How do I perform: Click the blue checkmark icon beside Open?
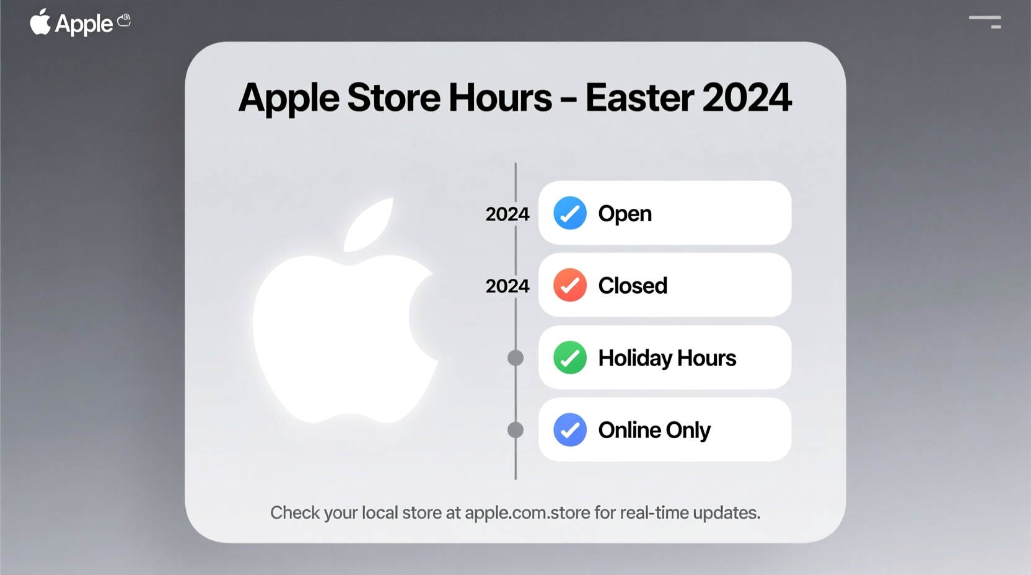pyautogui.click(x=569, y=213)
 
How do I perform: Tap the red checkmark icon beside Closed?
pyautogui.click(x=569, y=285)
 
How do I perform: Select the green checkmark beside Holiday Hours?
pyautogui.click(x=569, y=358)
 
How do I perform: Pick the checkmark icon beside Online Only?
pyautogui.click(x=569, y=429)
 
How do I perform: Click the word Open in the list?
pyautogui.click(x=625, y=214)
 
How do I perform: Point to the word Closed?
pyautogui.click(x=633, y=286)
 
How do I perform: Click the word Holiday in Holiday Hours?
pyautogui.click(x=635, y=358)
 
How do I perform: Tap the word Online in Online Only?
pyautogui.click(x=630, y=430)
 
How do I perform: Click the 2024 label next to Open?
pyautogui.click(x=507, y=214)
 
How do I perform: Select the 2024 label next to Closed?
pyautogui.click(x=507, y=286)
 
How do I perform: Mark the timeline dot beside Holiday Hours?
pyautogui.click(x=515, y=358)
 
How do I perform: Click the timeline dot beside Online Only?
pyautogui.click(x=515, y=430)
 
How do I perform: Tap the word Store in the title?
pyautogui.click(x=393, y=98)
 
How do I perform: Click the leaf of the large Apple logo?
pyautogui.click(x=371, y=224)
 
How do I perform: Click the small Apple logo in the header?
pyautogui.click(x=40, y=22)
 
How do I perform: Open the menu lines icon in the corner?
pyautogui.click(x=985, y=22)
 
